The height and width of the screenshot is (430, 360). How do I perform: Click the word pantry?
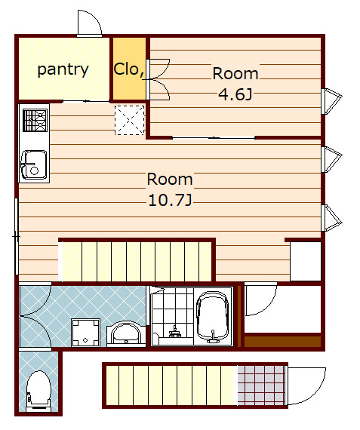(63, 70)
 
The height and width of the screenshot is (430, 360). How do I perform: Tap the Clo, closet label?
(129, 69)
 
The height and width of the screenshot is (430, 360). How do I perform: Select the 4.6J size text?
(235, 94)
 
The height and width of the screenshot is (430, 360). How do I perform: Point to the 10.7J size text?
(170, 200)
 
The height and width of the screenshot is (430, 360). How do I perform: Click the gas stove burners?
(35, 120)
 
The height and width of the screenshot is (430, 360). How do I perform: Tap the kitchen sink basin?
(34, 164)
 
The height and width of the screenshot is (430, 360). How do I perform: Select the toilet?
(38, 392)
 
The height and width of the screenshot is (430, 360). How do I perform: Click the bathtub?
(213, 318)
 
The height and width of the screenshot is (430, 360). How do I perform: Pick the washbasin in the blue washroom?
(126, 333)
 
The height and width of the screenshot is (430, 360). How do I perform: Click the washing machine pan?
(85, 333)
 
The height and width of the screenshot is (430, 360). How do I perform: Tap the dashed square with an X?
(129, 120)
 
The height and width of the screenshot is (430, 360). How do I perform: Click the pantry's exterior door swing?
(90, 23)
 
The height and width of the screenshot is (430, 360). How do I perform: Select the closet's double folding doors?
(158, 79)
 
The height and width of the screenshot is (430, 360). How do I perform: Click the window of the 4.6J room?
(331, 101)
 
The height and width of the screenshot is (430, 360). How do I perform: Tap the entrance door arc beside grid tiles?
(306, 386)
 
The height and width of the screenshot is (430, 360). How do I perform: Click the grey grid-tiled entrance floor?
(260, 385)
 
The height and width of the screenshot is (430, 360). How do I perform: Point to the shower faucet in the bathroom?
(174, 333)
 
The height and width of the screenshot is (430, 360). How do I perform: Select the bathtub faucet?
(212, 336)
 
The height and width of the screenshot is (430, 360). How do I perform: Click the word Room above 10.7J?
(170, 180)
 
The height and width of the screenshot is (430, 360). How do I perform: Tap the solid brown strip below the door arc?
(282, 342)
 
